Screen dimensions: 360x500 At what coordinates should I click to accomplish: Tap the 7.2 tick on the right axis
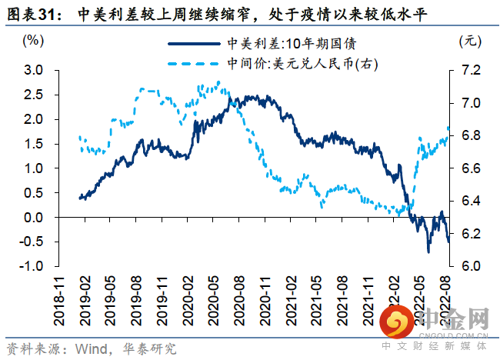[x=471, y=70]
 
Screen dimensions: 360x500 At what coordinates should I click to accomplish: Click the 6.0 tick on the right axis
[x=471, y=266]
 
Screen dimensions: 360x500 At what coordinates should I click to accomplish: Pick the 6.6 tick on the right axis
[x=471, y=168]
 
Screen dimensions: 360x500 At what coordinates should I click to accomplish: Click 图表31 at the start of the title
[x=32, y=13]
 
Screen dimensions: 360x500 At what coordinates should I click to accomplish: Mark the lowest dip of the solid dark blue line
[x=428, y=252]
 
